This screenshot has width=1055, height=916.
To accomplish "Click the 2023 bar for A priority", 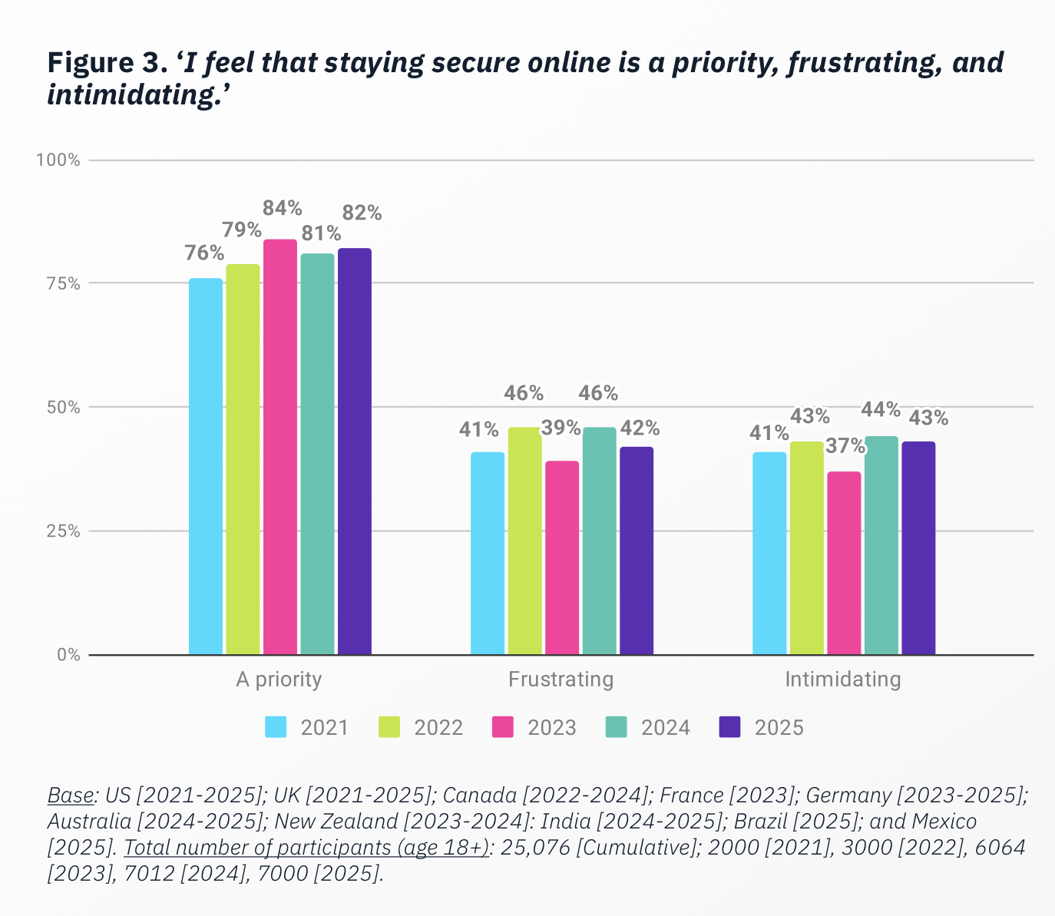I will point(280,447).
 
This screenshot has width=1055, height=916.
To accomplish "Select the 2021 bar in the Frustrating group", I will point(488,553).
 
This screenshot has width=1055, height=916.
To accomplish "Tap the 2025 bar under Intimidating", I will point(918,547).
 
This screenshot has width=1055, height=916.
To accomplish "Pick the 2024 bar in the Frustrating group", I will point(599,541).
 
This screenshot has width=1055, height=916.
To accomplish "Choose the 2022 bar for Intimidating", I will point(806,547).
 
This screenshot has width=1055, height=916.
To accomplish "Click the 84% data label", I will point(282,208).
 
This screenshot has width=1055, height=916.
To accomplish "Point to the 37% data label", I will point(845,445).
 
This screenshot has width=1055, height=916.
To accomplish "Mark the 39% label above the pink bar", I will point(561,428).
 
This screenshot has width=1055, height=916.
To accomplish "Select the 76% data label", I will point(204,253).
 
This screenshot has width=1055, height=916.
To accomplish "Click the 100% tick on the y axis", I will point(58,160).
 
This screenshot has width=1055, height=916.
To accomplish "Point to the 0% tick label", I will point(68,655).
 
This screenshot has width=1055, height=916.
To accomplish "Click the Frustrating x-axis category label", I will point(561,680).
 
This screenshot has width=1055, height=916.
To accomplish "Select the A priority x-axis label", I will point(279,680).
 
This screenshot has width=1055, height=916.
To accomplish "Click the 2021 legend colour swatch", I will point(276,727).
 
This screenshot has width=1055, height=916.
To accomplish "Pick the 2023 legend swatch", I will point(502,727).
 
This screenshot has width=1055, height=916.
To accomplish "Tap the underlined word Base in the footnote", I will point(71,794).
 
